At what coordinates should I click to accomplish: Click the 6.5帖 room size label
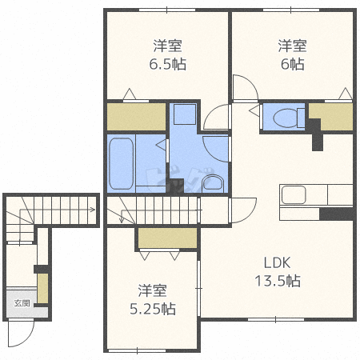167,64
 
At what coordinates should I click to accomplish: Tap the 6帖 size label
293,64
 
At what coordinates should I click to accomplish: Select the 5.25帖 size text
153,309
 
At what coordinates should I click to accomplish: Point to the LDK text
277,263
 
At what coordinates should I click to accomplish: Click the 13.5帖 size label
278,281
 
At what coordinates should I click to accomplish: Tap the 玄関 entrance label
22,303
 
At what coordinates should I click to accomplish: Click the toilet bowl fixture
286,118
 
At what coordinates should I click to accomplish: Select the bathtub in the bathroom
121,163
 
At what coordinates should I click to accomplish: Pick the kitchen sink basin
294,194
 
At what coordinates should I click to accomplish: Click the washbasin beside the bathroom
213,183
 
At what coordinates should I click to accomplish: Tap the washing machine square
185,114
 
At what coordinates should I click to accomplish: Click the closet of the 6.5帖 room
136,117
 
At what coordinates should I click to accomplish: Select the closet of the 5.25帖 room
168,238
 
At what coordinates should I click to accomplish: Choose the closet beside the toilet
336,117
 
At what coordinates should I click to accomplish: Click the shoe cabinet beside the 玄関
42,288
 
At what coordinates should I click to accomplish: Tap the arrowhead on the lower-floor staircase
93,210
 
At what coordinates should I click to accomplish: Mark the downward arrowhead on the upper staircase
122,220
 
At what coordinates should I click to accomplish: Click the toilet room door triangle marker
254,110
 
